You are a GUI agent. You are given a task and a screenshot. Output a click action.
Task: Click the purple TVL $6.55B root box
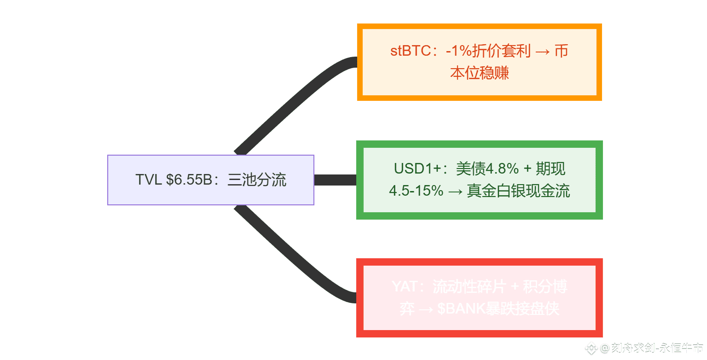click(210, 180)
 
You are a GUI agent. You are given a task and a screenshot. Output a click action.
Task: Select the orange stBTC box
click(479, 62)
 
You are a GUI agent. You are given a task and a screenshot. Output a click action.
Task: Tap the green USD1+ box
click(479, 180)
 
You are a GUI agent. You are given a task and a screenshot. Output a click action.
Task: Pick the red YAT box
click(479, 298)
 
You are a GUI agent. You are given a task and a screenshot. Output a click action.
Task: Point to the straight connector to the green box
click(335, 180)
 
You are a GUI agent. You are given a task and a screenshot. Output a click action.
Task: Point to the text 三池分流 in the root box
click(257, 180)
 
